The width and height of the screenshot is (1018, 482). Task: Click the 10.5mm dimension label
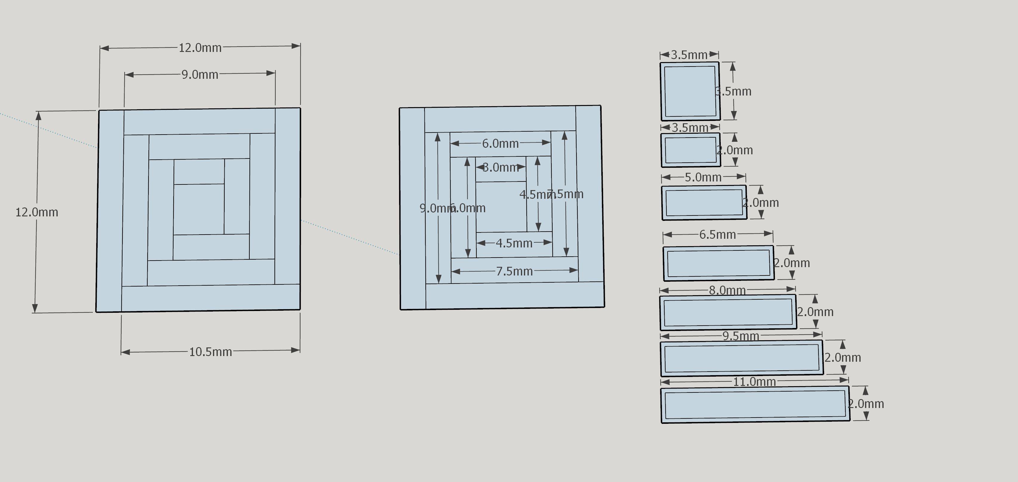[210, 352]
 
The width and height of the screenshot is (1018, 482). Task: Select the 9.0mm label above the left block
[200, 74]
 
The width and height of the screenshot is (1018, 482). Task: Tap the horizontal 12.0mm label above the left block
[200, 48]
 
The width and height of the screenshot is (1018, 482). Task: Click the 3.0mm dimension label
[500, 167]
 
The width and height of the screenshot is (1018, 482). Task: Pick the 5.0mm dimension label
[703, 177]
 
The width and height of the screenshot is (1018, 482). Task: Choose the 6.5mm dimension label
[717, 235]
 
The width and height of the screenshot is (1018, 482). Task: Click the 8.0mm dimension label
[727, 290]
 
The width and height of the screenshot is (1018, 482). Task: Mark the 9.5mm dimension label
[740, 336]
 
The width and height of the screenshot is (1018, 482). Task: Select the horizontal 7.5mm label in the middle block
[514, 271]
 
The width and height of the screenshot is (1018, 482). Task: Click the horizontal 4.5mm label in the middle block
[514, 243]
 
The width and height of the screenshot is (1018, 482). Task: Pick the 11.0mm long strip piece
[755, 405]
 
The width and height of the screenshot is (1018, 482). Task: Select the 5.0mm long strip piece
[704, 203]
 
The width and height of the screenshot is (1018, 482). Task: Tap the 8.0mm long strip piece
[728, 312]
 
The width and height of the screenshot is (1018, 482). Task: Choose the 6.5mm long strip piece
[718, 263]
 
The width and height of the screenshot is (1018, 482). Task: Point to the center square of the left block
[199, 209]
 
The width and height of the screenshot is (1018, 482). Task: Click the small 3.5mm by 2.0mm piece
[690, 150]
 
